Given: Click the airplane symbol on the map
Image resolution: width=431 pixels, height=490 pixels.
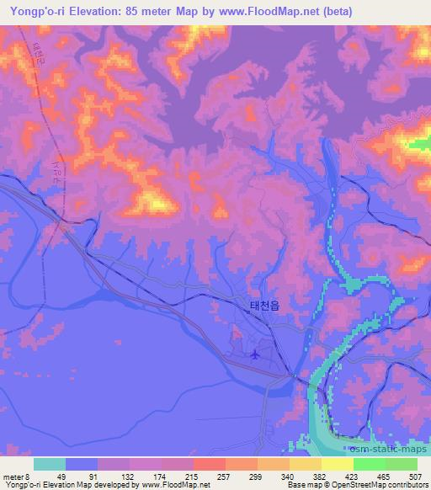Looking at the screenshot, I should (x=254, y=354).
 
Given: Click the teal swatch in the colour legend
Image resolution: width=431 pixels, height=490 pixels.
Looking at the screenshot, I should (x=49, y=465).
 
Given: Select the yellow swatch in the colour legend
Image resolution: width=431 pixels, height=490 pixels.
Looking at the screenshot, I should (x=338, y=465).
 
